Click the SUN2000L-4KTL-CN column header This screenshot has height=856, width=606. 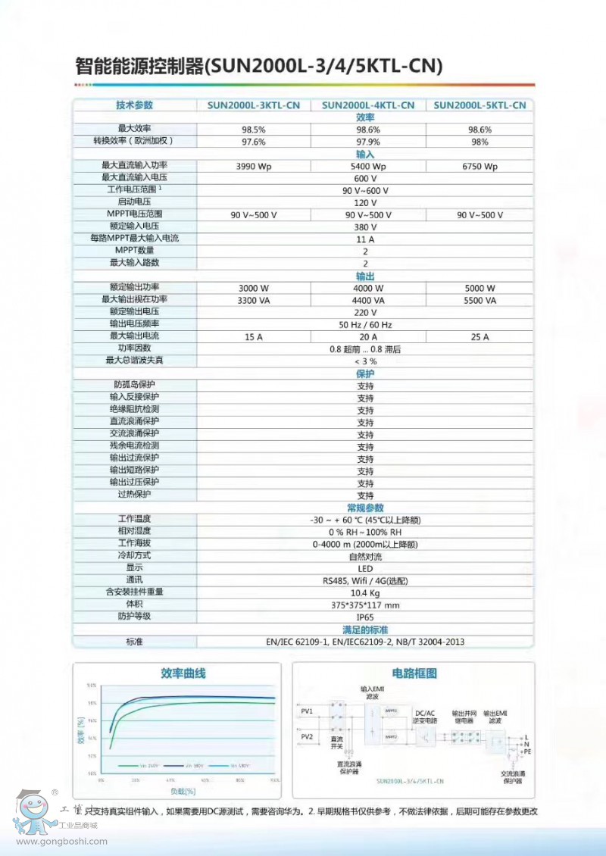[x=367, y=105]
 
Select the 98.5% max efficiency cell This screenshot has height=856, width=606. [x=253, y=130]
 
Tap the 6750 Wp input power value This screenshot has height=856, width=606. [x=479, y=166]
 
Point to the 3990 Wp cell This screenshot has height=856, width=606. [x=253, y=166]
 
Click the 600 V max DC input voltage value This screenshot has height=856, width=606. [x=365, y=178]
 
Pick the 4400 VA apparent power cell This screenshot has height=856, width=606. [x=367, y=300]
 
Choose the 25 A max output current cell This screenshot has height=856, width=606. [x=479, y=336]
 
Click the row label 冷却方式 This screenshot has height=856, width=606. [x=133, y=556]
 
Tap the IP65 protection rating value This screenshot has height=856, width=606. [x=365, y=617]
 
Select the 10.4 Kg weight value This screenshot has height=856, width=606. [x=365, y=592]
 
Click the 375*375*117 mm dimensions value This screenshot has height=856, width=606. [x=365, y=605]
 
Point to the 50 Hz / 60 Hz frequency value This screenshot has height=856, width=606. [x=365, y=324]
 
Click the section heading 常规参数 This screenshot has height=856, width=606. [x=365, y=508]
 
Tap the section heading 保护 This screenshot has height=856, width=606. [x=365, y=373]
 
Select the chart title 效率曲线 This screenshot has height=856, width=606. [x=183, y=673]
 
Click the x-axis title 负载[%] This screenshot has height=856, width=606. [x=182, y=791]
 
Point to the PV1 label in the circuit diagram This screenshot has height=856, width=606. [x=307, y=711]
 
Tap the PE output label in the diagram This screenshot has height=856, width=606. [x=528, y=752]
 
